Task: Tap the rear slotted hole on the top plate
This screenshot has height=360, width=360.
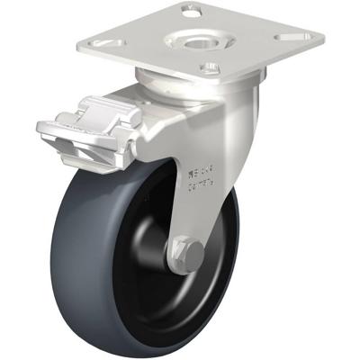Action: click(189, 12)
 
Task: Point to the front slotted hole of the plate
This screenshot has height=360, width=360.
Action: click(209, 66)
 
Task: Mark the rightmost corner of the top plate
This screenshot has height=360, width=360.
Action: click(323, 38)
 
